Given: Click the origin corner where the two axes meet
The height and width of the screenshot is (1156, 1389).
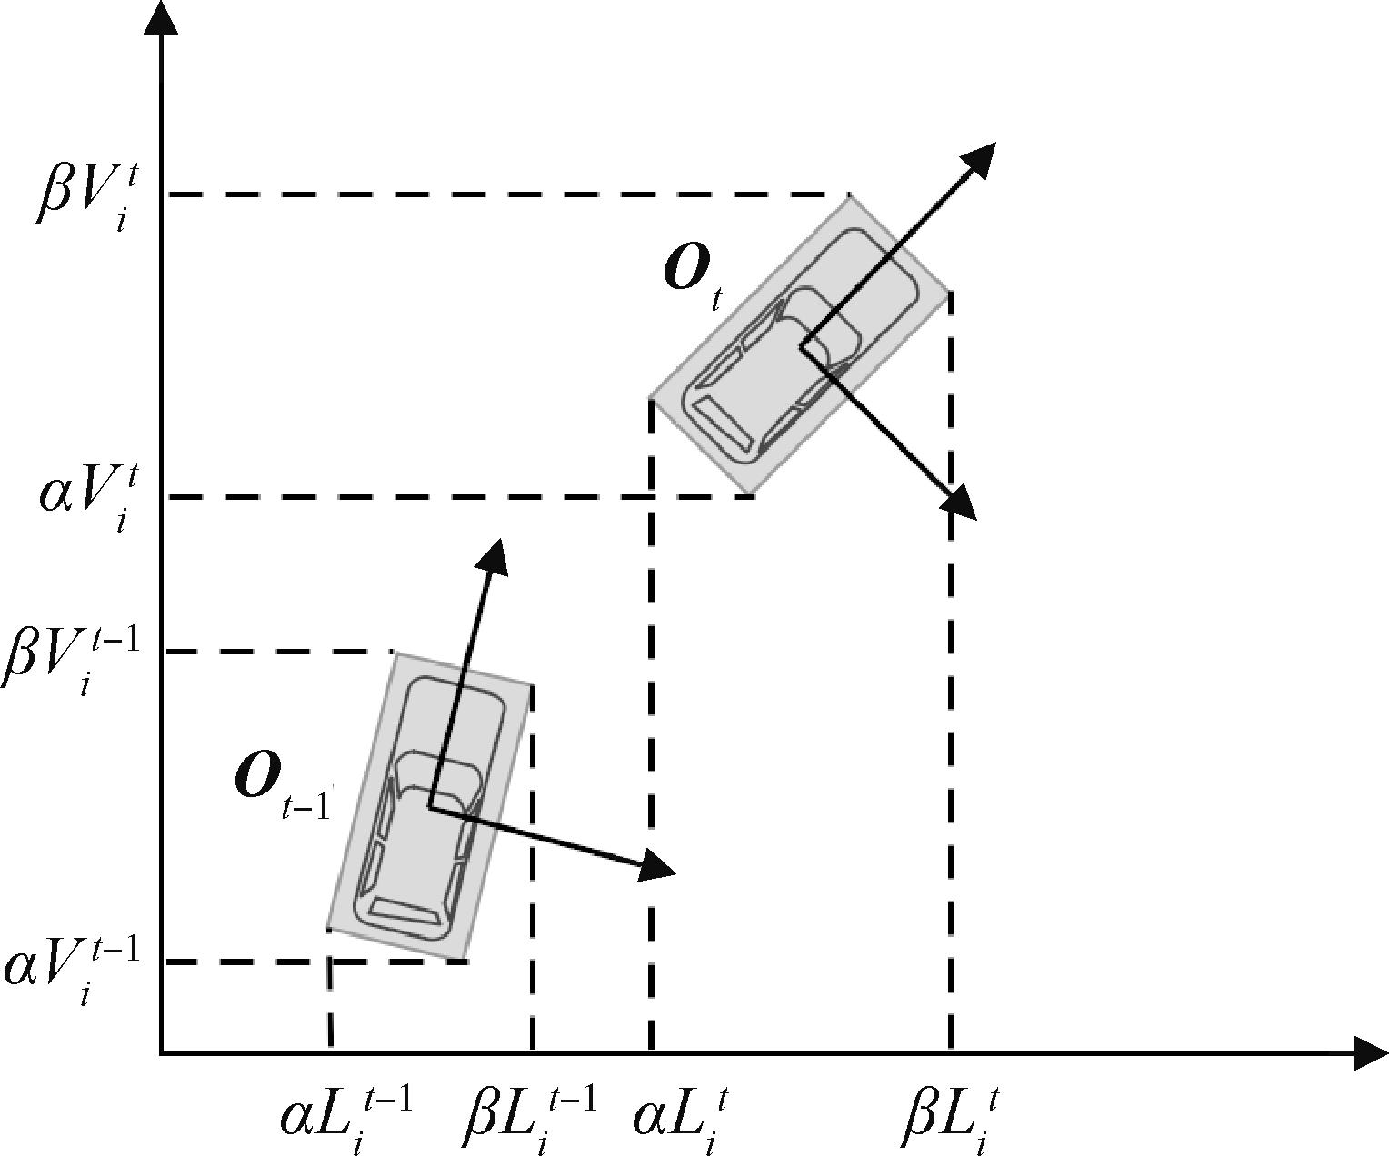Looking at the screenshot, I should pyautogui.click(x=161, y=1053).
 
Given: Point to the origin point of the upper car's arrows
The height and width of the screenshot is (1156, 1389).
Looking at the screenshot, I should pyautogui.click(x=801, y=345).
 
